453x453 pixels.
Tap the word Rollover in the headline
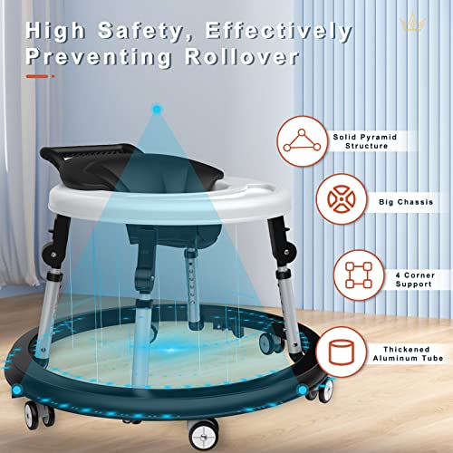click(242, 57)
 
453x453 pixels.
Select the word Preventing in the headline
click(99, 58)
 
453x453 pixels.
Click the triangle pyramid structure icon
click(302, 140)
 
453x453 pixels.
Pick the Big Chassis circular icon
click(342, 199)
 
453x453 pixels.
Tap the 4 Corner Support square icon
click(359, 275)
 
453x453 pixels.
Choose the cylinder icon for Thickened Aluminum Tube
click(342, 352)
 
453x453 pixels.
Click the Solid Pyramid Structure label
click(365, 141)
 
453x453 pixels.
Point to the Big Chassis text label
click(406, 202)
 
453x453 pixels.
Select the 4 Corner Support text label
click(415, 280)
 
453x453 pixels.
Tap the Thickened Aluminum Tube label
click(408, 353)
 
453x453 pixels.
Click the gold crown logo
click(412, 21)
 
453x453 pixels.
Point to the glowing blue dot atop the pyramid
click(157, 109)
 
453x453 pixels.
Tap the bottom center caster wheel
click(202, 435)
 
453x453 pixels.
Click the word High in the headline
click(54, 31)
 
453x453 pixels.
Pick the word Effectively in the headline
click(278, 32)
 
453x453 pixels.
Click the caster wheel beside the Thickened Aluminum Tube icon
click(325, 390)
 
